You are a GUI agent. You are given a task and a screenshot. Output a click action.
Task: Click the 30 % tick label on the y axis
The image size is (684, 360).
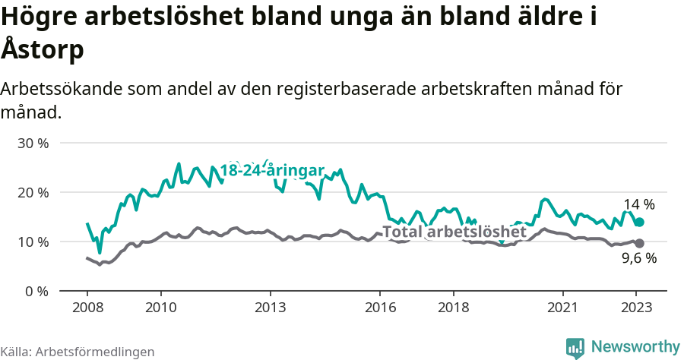[33, 143]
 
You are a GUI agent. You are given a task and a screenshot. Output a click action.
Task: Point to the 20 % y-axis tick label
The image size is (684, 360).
[33, 192]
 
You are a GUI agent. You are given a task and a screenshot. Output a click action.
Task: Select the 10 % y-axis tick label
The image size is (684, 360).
[33, 242]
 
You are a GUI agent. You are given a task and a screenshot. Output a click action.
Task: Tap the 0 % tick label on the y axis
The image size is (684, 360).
[36, 291]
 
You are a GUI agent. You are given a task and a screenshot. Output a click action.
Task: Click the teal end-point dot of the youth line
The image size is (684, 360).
[640, 222]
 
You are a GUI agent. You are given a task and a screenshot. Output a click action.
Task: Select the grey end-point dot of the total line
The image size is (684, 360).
[640, 243]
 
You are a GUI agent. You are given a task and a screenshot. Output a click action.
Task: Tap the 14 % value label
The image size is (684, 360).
[639, 204]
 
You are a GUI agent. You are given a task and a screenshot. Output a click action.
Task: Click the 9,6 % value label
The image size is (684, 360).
[639, 258]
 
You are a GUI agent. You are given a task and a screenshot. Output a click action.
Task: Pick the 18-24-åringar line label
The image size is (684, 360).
[273, 170]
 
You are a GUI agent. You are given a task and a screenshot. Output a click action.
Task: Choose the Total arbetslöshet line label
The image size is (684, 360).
[454, 232]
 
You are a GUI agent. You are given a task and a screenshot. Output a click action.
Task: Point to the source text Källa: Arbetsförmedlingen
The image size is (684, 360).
[78, 352]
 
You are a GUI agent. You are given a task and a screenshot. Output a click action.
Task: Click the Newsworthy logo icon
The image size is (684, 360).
[575, 347]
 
